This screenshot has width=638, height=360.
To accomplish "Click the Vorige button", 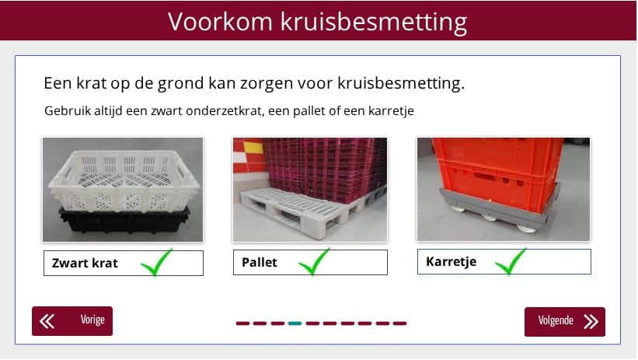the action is (x=72, y=321).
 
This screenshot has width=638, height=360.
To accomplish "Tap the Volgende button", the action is (x=565, y=321).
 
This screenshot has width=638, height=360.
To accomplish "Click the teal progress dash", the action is (x=295, y=323).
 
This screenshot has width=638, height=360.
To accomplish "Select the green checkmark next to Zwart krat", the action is (x=156, y=263).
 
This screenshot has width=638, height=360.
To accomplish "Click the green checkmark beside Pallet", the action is (x=314, y=262).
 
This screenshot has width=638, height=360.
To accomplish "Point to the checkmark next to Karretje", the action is (x=511, y=262).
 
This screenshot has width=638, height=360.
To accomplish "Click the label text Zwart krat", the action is (x=85, y=263).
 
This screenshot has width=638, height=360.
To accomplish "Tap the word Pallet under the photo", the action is (x=260, y=262).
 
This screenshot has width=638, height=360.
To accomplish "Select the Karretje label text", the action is (x=451, y=261).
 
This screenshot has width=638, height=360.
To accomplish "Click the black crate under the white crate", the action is (x=124, y=221).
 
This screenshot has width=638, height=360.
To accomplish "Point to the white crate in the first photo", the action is (x=124, y=179).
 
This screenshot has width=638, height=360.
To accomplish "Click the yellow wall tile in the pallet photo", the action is (x=253, y=147).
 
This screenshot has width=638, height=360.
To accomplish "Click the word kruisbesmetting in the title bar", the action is (x=374, y=22).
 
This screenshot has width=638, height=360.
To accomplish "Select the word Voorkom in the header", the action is (x=220, y=21).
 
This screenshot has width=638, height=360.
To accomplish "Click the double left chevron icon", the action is (x=47, y=321).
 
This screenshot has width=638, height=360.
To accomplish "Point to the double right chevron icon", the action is (x=591, y=321).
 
